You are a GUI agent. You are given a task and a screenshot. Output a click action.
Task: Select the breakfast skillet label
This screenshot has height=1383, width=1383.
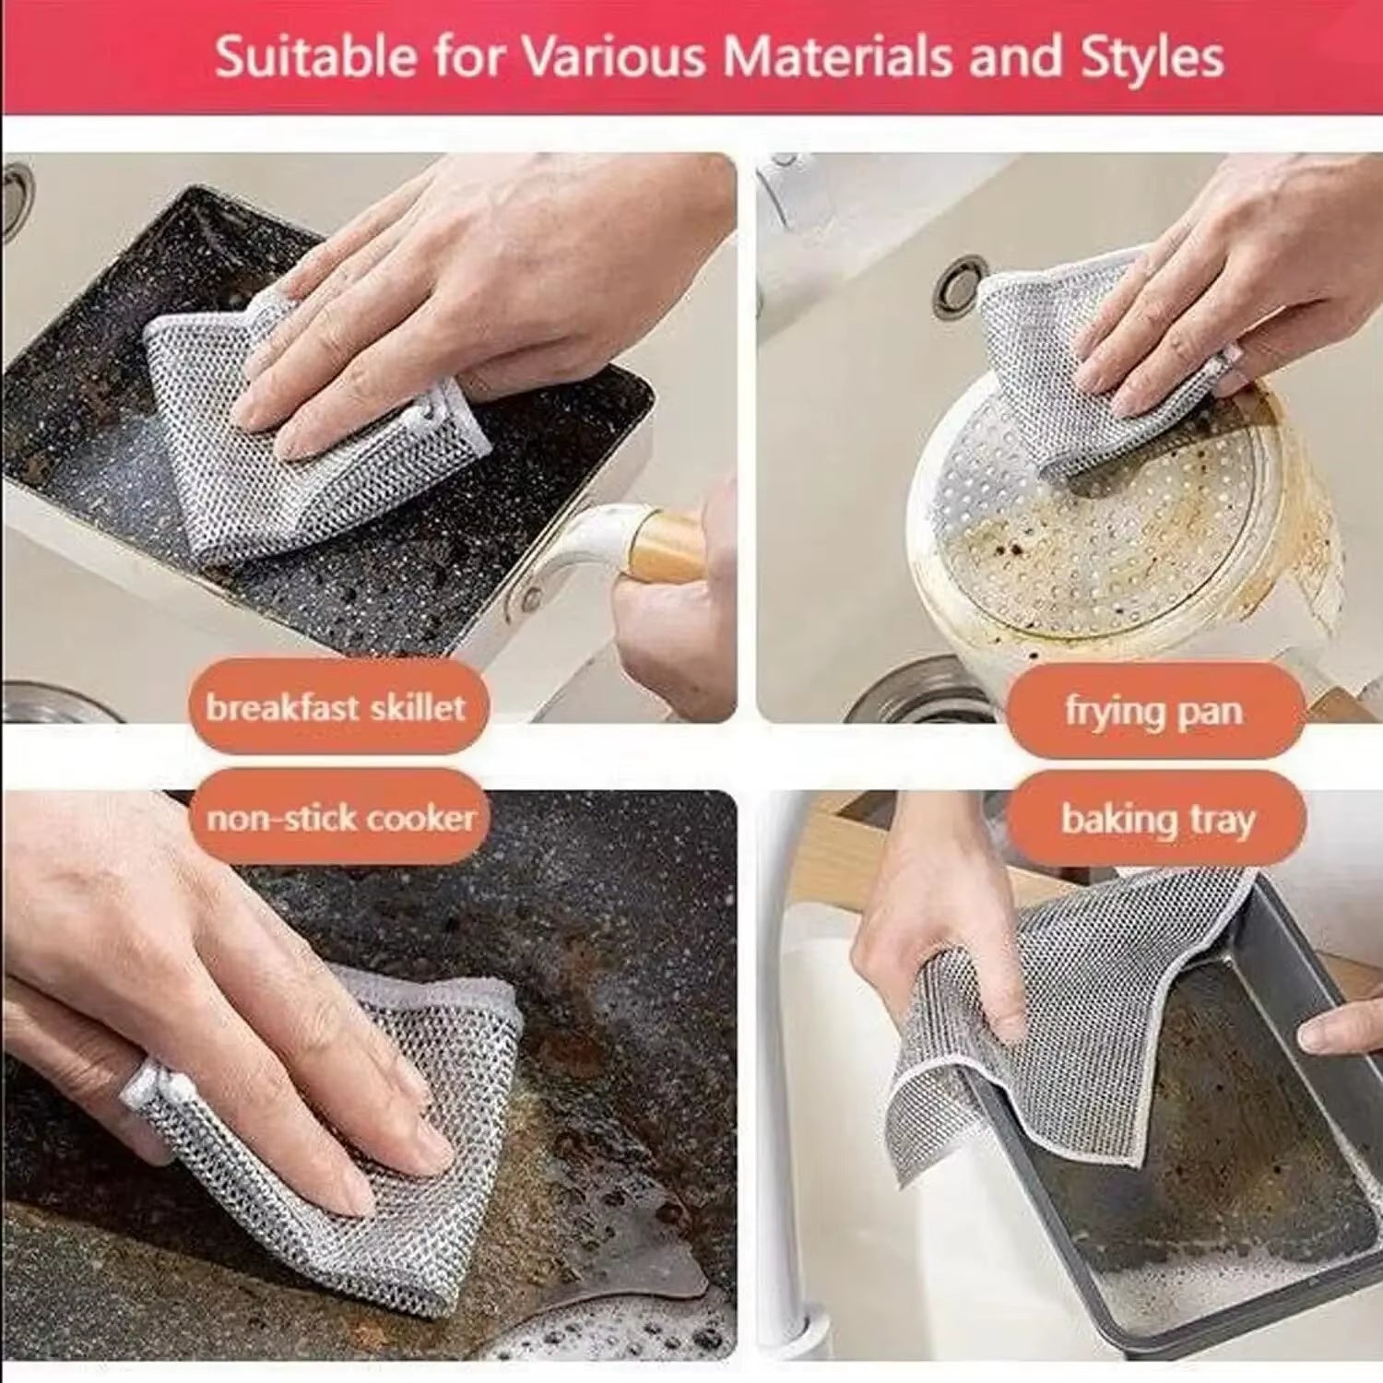[x=337, y=708]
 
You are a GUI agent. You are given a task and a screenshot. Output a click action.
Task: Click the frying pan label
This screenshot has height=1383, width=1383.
[x=1154, y=711]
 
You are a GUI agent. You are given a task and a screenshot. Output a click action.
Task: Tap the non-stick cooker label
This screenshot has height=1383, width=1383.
[x=340, y=818]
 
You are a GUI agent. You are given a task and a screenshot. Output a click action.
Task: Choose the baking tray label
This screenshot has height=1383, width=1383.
[x=1157, y=820]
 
